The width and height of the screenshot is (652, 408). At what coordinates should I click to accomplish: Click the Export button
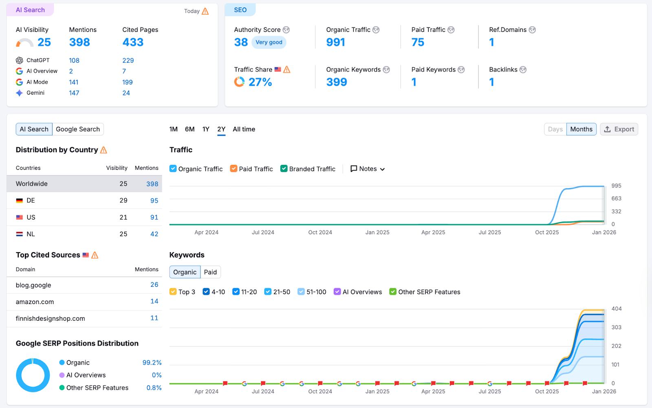(619, 129)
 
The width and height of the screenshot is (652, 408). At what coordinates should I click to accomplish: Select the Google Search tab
(78, 129)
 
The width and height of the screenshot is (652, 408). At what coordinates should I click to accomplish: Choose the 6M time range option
(189, 129)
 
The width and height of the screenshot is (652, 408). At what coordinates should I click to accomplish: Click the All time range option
(244, 129)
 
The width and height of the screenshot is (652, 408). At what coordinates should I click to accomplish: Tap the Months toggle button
(581, 129)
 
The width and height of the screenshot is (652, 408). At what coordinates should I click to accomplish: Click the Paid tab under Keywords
(210, 272)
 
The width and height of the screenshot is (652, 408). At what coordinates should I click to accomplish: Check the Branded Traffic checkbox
(284, 169)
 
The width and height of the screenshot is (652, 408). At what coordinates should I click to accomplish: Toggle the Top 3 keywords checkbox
(173, 292)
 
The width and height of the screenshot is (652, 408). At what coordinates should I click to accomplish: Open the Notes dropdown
(368, 169)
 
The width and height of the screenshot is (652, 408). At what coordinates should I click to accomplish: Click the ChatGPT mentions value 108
(74, 60)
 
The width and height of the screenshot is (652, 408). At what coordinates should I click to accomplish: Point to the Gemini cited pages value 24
(126, 93)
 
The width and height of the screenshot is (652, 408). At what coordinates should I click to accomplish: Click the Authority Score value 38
(241, 42)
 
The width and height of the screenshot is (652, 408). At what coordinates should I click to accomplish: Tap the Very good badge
(269, 42)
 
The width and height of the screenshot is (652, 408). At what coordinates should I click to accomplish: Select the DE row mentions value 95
(154, 201)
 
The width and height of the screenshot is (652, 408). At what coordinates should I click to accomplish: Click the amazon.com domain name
(35, 302)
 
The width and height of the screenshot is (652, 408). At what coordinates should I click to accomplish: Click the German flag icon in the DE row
(19, 201)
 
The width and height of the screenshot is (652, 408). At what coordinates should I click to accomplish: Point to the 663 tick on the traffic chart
(616, 199)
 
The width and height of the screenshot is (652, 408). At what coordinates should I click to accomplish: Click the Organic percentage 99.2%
(152, 363)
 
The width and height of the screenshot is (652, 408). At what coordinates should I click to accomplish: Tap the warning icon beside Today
(205, 11)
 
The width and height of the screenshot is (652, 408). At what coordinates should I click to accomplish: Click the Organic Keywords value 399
(337, 82)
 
